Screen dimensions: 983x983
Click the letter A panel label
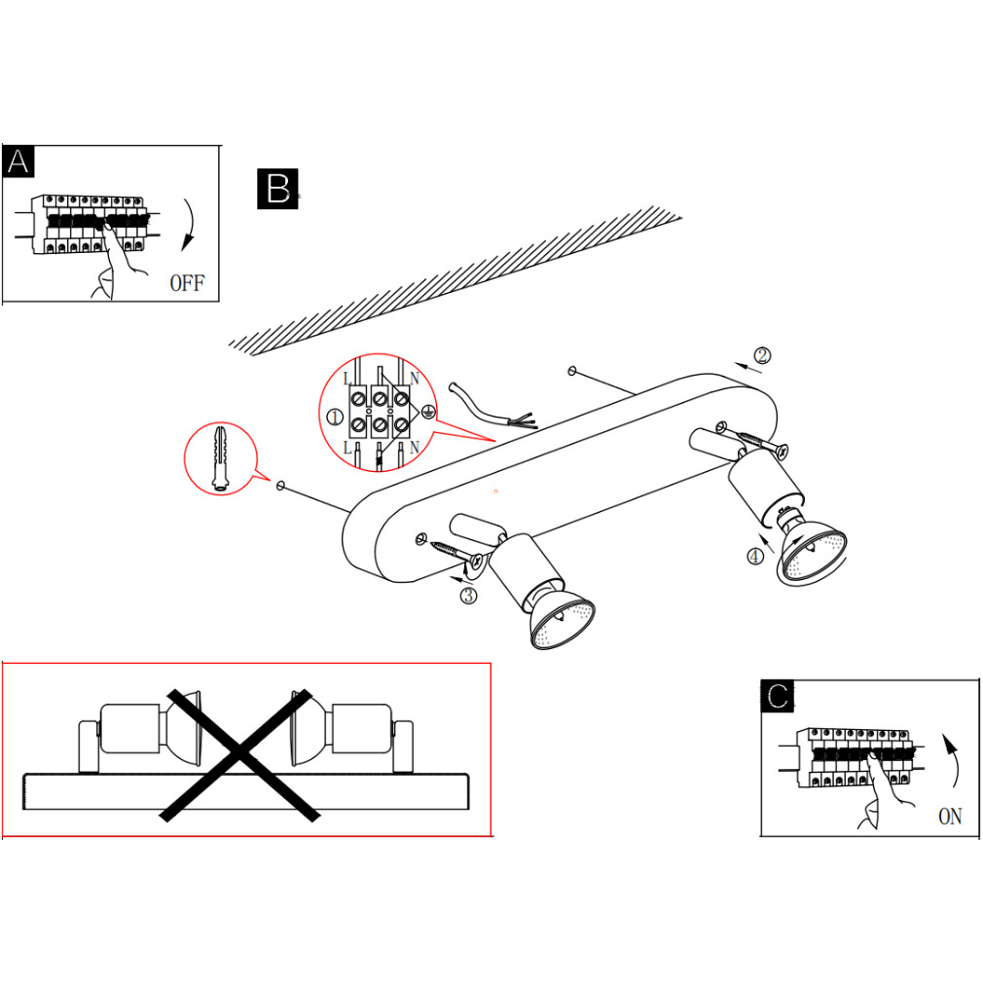click(18, 162)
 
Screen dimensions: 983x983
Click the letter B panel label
click(277, 188)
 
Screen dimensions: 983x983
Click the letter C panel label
click(778, 696)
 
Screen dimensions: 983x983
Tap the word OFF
click(187, 283)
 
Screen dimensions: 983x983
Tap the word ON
click(950, 817)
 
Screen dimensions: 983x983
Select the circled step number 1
click(335, 417)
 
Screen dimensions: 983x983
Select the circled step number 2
click(762, 355)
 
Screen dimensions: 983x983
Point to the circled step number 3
click(468, 595)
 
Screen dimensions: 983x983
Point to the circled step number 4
click(755, 556)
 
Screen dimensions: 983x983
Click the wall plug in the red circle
click(219, 458)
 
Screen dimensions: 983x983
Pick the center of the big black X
click(239, 755)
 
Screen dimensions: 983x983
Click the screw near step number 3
click(456, 552)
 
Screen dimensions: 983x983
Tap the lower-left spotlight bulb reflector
click(563, 621)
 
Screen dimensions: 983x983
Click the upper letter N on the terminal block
click(415, 379)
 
